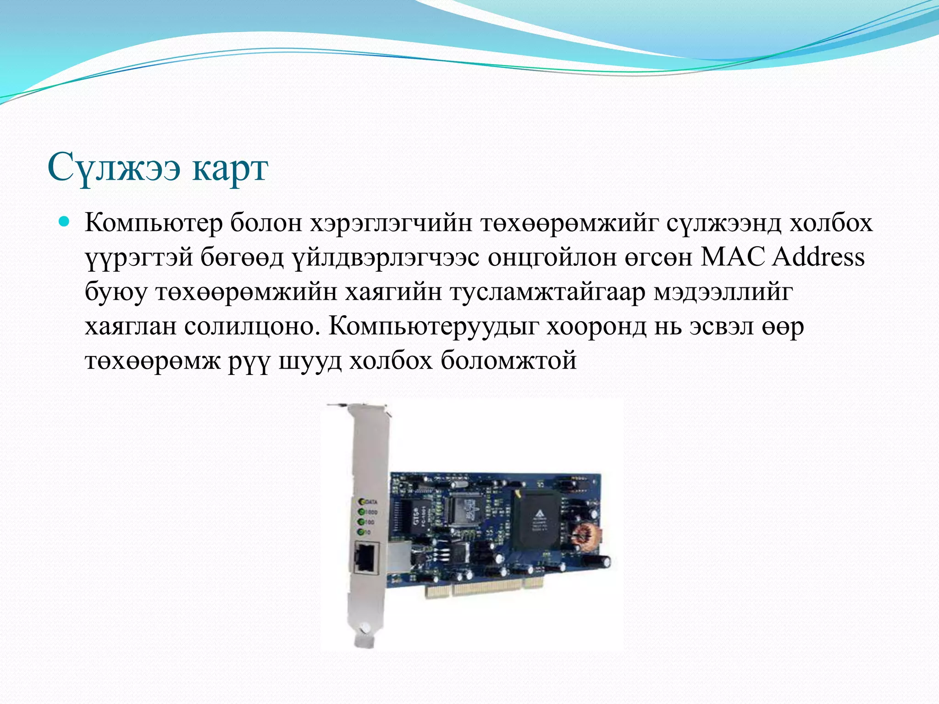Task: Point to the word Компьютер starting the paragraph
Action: click(153, 224)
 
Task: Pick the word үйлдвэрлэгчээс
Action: click(385, 258)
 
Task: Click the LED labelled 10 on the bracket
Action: click(361, 532)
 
